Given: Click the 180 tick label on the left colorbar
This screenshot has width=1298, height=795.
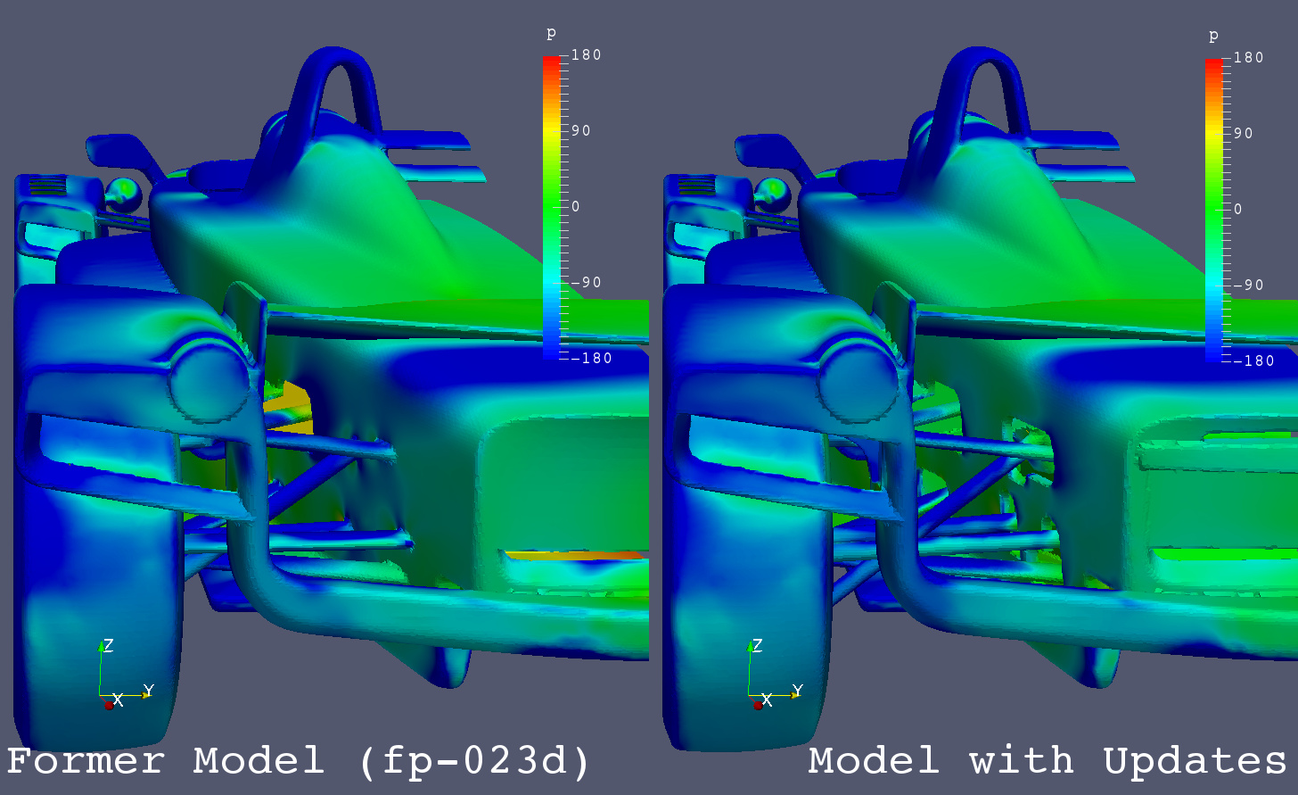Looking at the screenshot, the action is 586,55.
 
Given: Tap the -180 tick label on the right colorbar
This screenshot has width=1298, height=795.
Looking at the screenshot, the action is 1254,360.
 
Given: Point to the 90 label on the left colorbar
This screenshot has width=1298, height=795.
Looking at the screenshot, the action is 580,130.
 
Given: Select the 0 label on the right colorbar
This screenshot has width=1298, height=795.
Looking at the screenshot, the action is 1237,209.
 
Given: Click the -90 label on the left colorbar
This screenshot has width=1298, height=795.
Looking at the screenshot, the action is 587,282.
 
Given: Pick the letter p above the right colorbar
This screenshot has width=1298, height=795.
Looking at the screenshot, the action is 1213,36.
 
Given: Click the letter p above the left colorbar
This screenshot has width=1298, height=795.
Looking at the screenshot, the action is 551,34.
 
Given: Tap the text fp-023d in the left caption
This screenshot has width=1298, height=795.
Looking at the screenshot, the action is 474,760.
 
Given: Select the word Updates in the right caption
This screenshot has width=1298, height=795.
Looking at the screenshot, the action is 1195,761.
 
